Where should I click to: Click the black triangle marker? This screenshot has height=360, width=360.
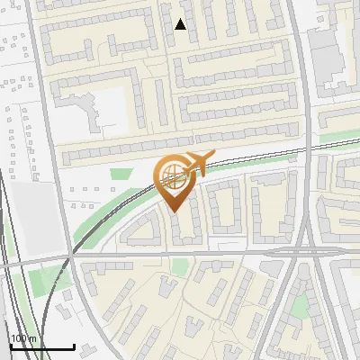point(181,24)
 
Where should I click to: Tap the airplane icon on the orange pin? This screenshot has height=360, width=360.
point(198,163)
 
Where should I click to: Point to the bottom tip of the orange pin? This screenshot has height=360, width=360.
point(174,212)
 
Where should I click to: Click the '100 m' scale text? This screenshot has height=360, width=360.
point(23,338)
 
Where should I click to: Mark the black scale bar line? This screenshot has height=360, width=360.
point(41,346)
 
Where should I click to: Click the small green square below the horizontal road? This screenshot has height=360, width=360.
point(181,266)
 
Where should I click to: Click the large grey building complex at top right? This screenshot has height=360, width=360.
point(333,54)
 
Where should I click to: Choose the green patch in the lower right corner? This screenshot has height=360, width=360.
point(300,307)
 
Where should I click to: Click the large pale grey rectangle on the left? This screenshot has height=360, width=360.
point(27,216)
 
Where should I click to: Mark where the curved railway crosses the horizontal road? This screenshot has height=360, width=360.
point(70,256)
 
